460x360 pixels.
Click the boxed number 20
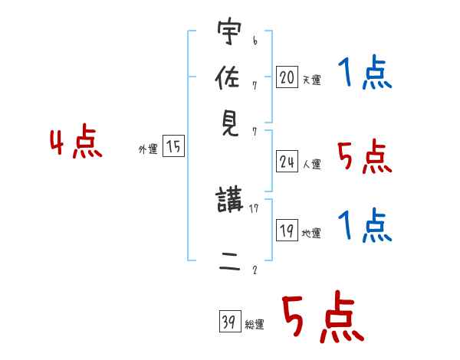(x=287, y=77)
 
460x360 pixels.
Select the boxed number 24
(x=287, y=162)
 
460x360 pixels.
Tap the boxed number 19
(x=287, y=230)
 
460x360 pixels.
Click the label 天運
(x=311, y=80)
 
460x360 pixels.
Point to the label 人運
(x=311, y=164)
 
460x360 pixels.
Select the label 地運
(x=311, y=233)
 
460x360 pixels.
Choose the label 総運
(x=255, y=324)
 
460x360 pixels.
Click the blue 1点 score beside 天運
(x=364, y=75)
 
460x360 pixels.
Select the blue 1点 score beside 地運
(x=364, y=227)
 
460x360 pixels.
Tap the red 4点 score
(x=76, y=144)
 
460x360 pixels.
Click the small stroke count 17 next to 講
(x=254, y=207)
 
